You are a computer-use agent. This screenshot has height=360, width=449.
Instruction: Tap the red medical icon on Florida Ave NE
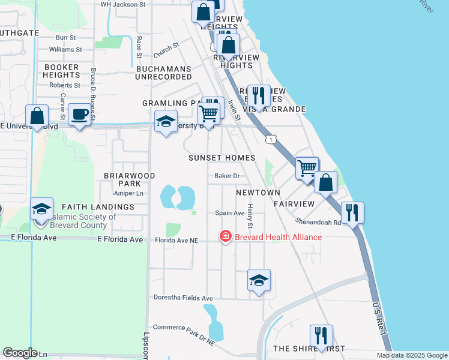[226, 237]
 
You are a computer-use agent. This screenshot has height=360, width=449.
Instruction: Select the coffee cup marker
[79, 114]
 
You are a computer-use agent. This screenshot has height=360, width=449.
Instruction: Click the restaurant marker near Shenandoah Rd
[352, 212]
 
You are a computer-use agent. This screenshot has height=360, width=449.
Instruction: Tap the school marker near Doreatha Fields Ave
[259, 280]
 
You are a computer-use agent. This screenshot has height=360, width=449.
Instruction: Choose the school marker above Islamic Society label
[42, 209]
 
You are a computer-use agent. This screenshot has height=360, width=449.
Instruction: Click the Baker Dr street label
[228, 176]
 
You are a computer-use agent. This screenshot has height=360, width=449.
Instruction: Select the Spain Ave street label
[230, 213]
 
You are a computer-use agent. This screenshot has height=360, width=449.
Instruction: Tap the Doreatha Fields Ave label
[182, 298]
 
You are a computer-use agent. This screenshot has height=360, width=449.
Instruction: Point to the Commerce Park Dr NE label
[184, 327]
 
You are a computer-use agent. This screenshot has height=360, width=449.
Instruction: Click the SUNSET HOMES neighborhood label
[221, 158]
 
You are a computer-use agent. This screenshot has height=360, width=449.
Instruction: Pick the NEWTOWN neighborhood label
[258, 193]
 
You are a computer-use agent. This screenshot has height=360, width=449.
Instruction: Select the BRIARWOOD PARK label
[129, 179]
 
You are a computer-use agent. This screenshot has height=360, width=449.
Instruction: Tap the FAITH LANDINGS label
[89, 207]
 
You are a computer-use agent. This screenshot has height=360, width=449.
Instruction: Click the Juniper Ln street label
[128, 193]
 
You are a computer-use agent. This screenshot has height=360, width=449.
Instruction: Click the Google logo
[20, 353]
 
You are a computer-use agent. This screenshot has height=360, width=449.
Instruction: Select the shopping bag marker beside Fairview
[325, 182]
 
